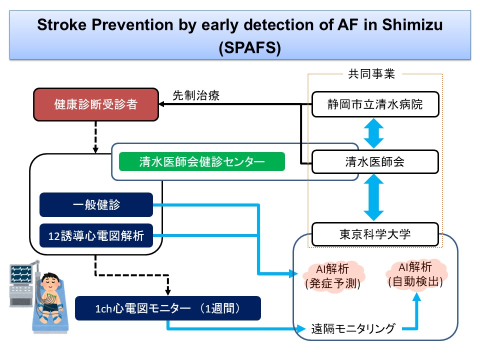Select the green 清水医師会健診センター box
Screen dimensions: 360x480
(x=202, y=162)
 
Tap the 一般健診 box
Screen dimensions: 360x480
(x=96, y=204)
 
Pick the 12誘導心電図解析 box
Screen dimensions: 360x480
(x=96, y=235)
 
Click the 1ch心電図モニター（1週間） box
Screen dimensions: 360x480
(x=167, y=308)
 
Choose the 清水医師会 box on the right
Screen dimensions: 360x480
(x=375, y=162)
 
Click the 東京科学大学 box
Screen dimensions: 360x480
(x=375, y=234)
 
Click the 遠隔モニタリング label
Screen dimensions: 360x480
(x=353, y=328)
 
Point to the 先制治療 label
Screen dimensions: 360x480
(x=196, y=94)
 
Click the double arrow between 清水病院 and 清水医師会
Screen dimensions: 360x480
(x=375, y=133)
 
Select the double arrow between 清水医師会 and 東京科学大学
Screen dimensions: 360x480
(x=375, y=198)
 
